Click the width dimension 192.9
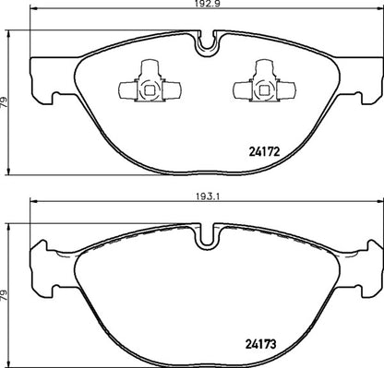click(206, 6)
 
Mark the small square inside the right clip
click(258, 89)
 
